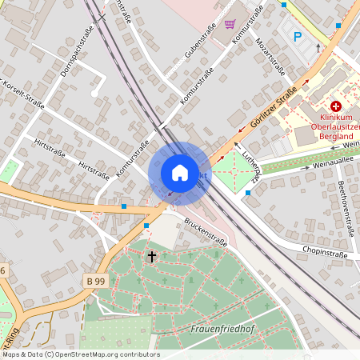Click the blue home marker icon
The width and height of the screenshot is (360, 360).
tap(179, 173)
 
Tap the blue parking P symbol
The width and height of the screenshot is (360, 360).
tap(298, 36)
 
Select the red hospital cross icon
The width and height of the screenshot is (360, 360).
tap(336, 106)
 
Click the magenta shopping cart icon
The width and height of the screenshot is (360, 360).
tap(230, 23)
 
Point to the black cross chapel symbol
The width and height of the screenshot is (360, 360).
tap(152, 256)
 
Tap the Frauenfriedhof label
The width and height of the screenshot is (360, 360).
tap(219, 328)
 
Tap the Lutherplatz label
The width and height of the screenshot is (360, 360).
tap(254, 168)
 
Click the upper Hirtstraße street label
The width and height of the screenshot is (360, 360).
tap(50, 149)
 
